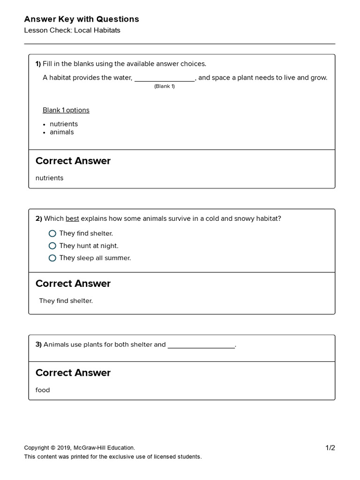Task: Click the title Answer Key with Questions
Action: pyautogui.click(x=82, y=19)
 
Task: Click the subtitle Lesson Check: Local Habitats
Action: pyautogui.click(x=72, y=30)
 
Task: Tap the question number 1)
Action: pyautogui.click(x=38, y=64)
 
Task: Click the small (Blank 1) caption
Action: pyautogui.click(x=165, y=86)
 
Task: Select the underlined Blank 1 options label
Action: pyautogui.click(x=66, y=110)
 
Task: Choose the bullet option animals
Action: pyautogui.click(x=62, y=132)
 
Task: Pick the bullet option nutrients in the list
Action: pyautogui.click(x=64, y=124)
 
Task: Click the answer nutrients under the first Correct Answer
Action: pyautogui.click(x=49, y=178)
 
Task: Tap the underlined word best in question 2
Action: pyautogui.click(x=72, y=218)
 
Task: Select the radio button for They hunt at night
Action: pyautogui.click(x=52, y=246)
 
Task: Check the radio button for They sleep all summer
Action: pyautogui.click(x=52, y=258)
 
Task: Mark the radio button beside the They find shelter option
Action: pyautogui.click(x=52, y=233)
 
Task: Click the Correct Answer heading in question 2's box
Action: pyautogui.click(x=73, y=284)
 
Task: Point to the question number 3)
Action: pyautogui.click(x=38, y=345)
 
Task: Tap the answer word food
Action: pyautogui.click(x=43, y=390)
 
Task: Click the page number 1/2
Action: pyautogui.click(x=330, y=448)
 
